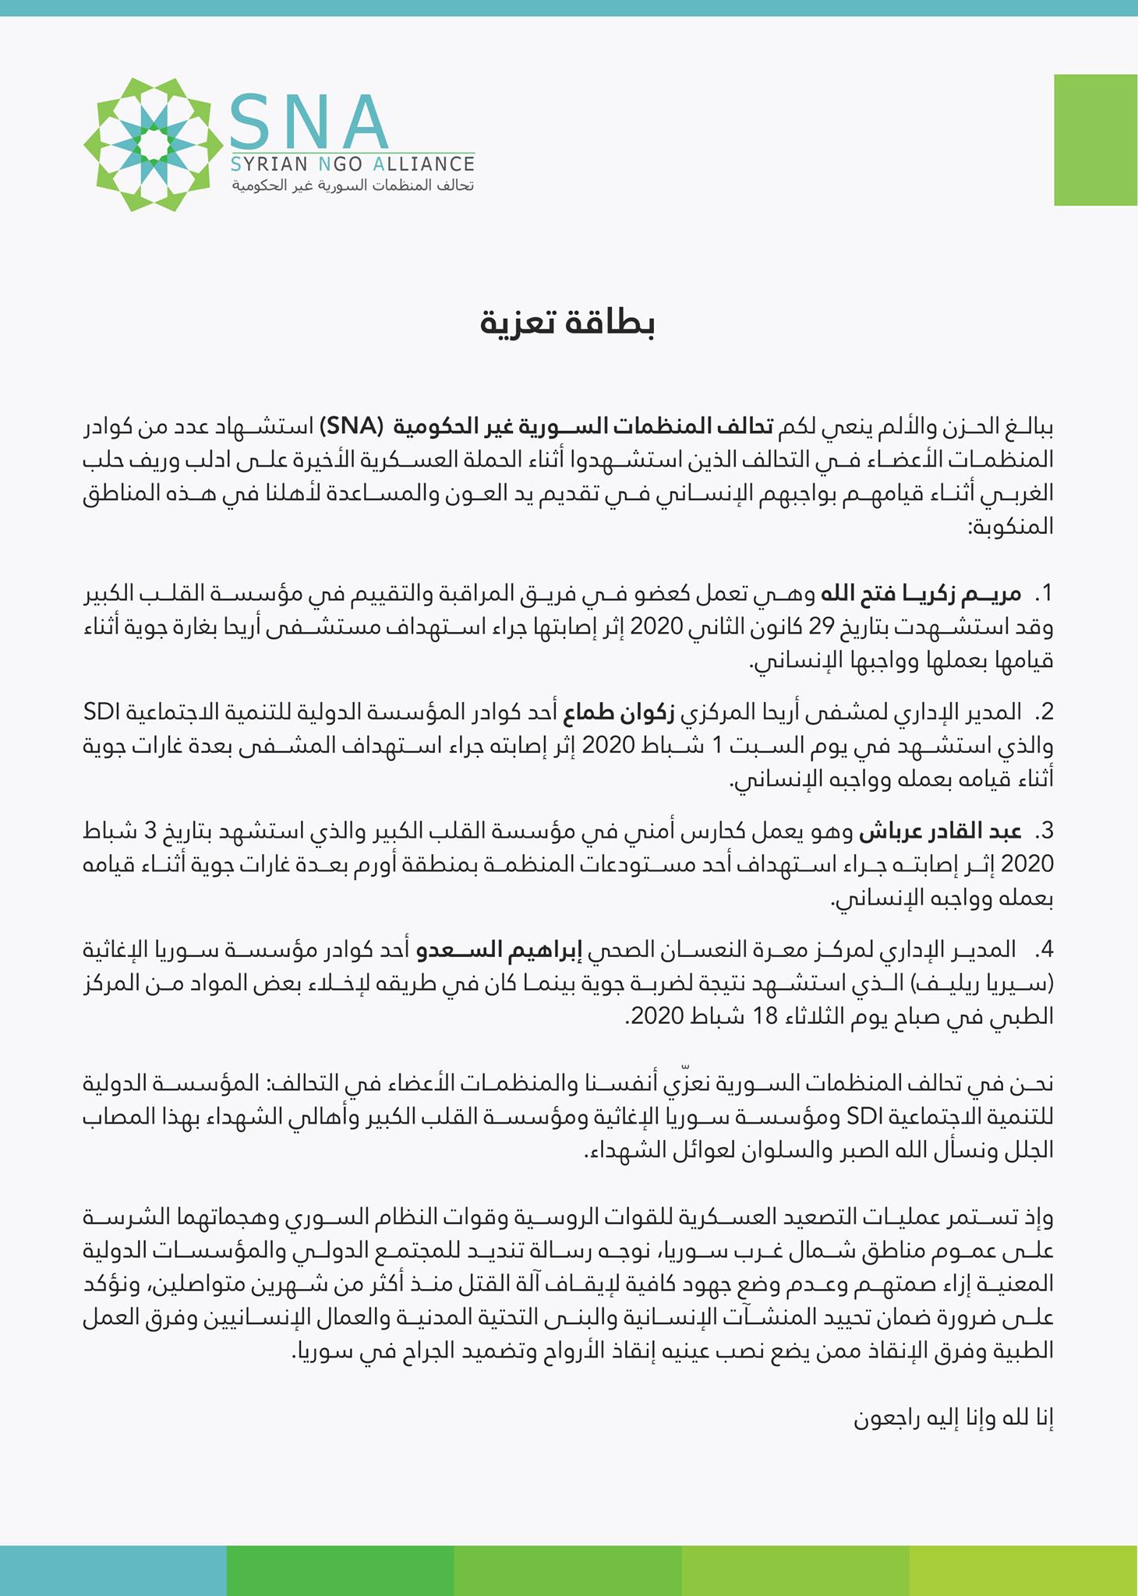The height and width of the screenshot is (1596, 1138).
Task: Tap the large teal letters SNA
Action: [309, 122]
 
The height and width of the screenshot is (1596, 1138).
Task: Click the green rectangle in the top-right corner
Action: [1095, 139]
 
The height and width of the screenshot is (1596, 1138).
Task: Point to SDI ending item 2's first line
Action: [100, 712]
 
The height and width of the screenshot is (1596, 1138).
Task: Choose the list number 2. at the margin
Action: [1044, 712]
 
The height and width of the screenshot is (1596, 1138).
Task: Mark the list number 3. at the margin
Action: [1044, 832]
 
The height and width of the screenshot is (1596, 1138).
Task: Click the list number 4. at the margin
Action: [1044, 950]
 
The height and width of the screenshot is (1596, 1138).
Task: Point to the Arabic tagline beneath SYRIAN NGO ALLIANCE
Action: [346, 187]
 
